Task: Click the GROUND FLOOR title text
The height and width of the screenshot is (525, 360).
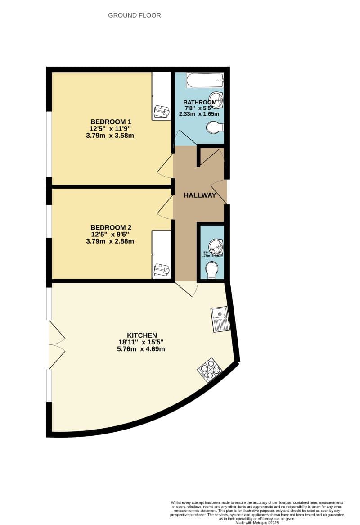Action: point(135,15)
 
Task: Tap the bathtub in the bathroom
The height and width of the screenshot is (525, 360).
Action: point(205,81)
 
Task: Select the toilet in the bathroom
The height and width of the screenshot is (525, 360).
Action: point(215,128)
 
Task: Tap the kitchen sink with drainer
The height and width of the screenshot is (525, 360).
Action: point(220,319)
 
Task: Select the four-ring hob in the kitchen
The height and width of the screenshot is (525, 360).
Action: point(210,370)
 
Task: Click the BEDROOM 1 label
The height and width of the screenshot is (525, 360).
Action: point(111,122)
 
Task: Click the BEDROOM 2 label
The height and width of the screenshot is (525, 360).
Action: point(111,227)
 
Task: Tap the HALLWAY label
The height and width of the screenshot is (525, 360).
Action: point(200,195)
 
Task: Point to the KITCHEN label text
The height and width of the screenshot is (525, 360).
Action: point(142,335)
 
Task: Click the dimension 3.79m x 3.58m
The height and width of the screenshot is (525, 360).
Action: point(111,135)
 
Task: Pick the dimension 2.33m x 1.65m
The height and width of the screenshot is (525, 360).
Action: point(199,114)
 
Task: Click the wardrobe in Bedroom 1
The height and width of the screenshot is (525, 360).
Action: point(161,95)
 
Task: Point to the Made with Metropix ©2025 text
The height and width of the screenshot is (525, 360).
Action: point(257,522)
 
